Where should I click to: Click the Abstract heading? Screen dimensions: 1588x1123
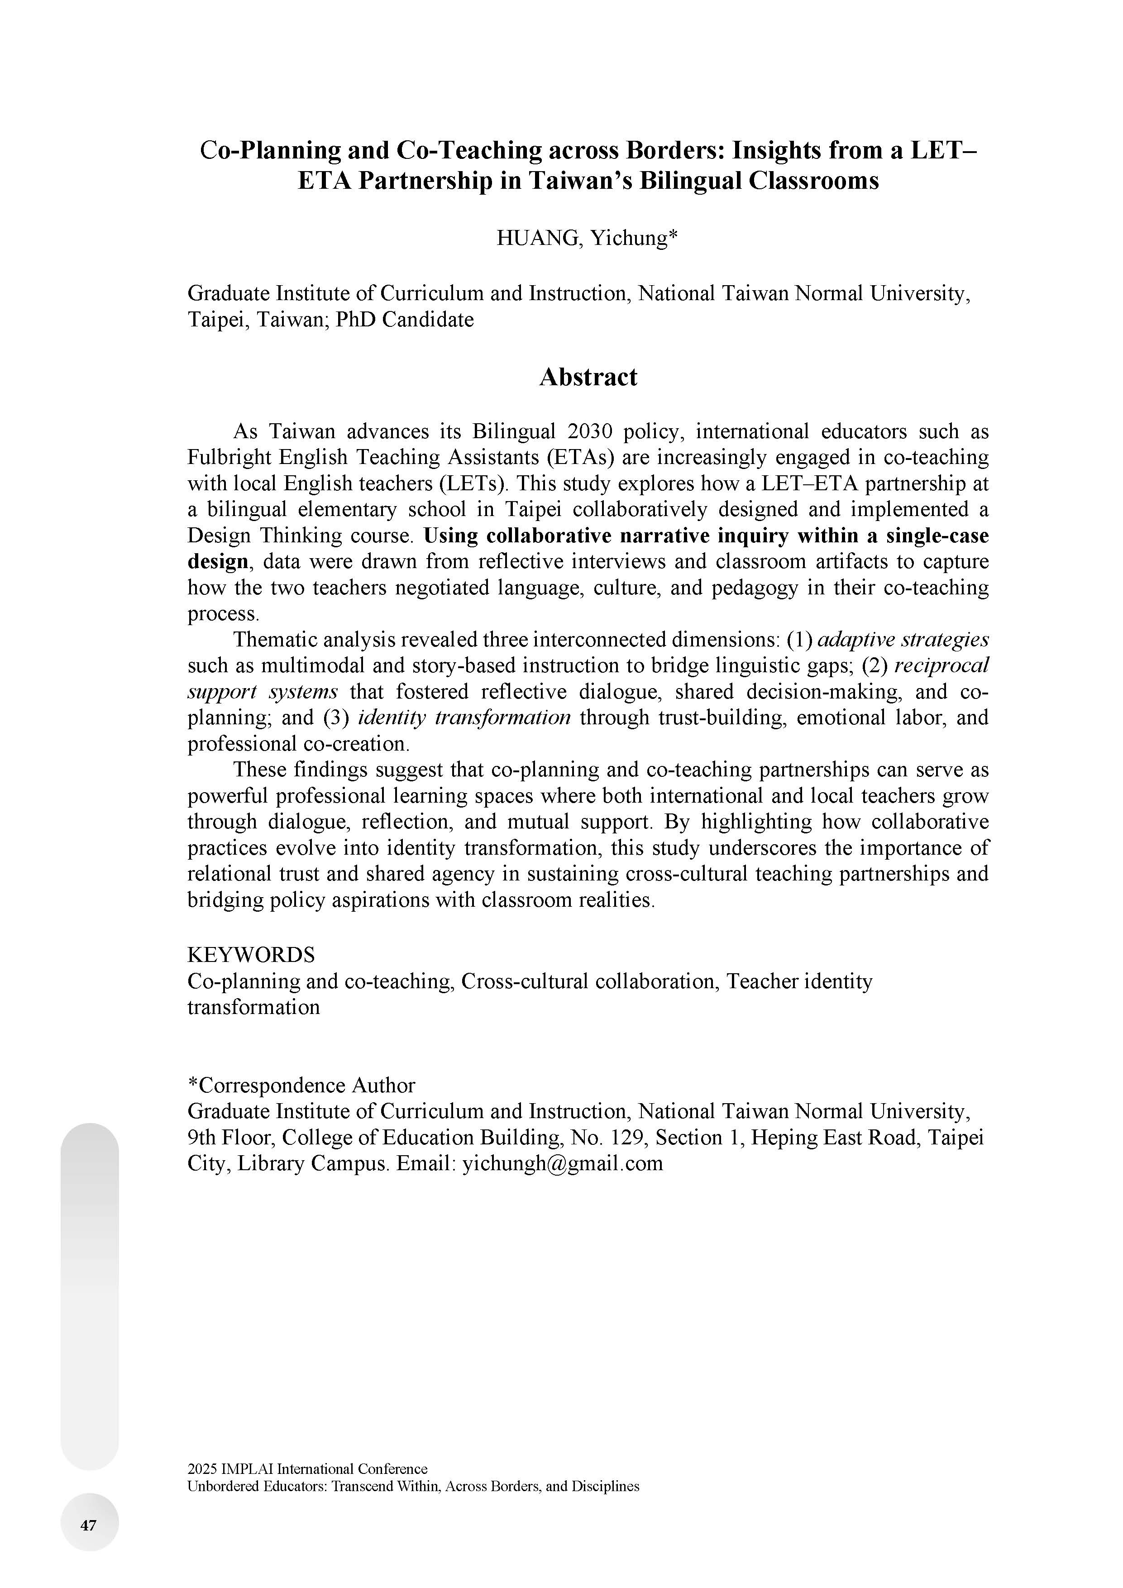pyautogui.click(x=588, y=377)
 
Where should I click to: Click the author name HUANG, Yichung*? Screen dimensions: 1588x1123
pyautogui.click(x=586, y=238)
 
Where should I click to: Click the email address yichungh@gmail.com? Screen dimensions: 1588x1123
pyautogui.click(x=562, y=1163)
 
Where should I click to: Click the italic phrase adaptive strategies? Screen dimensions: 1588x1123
pyautogui.click(x=903, y=639)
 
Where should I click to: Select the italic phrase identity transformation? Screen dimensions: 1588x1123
pyautogui.click(x=464, y=717)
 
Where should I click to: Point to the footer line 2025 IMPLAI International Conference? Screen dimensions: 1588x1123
pyautogui.click(x=307, y=1468)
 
